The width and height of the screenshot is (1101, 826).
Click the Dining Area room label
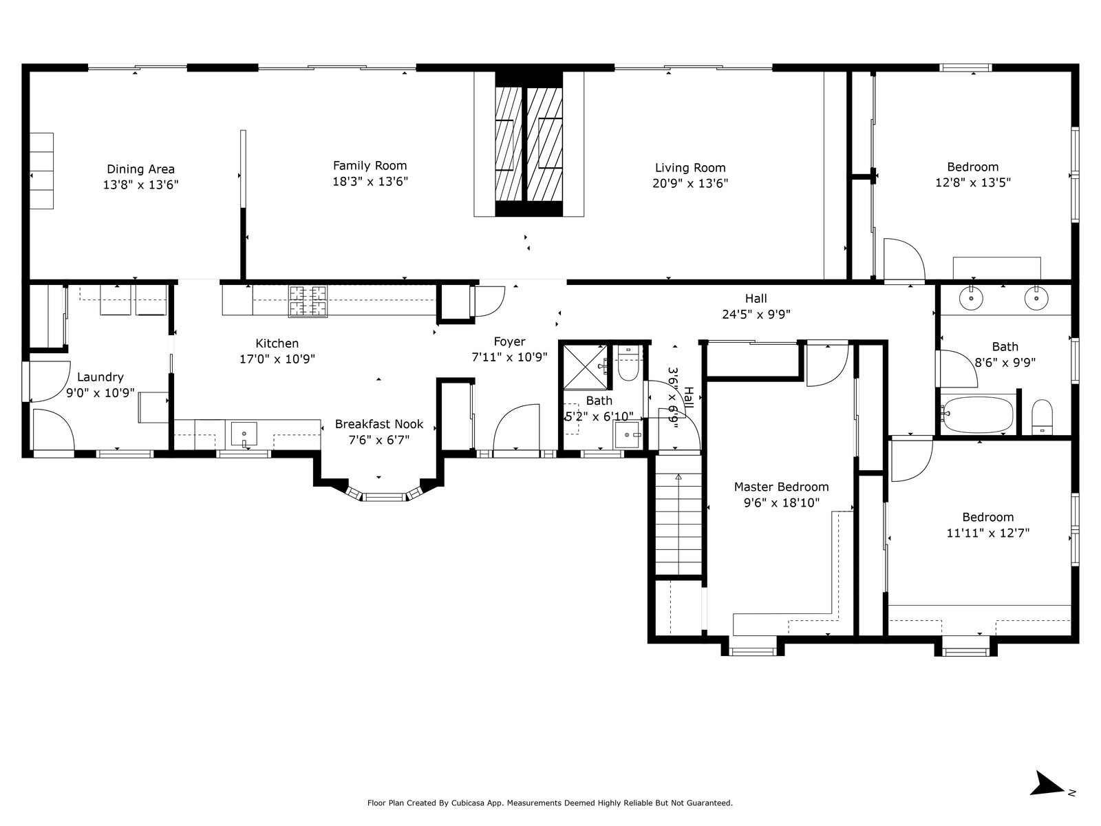click(140, 169)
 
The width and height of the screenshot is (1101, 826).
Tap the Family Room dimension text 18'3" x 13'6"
click(370, 182)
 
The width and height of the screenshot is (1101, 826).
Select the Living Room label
click(690, 167)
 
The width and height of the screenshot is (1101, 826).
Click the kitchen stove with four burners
click(308, 301)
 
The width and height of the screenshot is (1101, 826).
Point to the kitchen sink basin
click(244, 434)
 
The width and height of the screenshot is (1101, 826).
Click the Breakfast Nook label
click(379, 424)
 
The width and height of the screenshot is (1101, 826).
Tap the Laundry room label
click(100, 377)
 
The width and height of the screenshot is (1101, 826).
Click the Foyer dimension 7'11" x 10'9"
click(509, 357)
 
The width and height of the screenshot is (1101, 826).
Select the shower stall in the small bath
click(586, 367)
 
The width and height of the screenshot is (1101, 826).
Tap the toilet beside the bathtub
click(1042, 416)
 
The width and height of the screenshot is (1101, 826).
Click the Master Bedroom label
click(781, 487)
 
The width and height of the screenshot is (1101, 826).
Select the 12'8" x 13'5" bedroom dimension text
click(972, 182)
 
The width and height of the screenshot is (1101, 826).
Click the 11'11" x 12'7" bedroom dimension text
click(987, 533)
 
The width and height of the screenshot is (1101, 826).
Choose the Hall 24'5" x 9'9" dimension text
click(756, 315)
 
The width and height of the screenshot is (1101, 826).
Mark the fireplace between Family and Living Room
click(528, 145)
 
